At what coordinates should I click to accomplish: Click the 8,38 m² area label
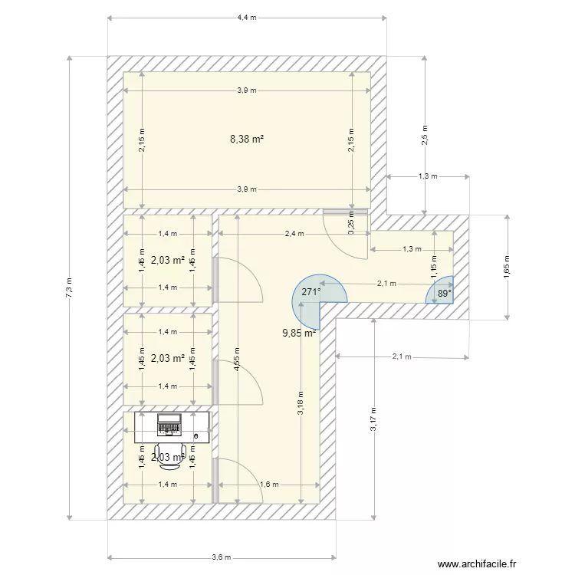[247, 139]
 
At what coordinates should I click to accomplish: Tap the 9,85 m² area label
[300, 333]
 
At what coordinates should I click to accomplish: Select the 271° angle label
[310, 292]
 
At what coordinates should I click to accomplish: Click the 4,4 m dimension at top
[247, 17]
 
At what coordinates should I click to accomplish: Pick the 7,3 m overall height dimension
[70, 287]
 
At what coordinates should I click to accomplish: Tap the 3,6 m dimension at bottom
[222, 557]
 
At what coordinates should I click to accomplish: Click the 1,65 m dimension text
[506, 267]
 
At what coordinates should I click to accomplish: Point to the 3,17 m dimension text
[373, 419]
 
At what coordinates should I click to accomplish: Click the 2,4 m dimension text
[294, 234]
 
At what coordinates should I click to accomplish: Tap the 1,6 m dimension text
[268, 485]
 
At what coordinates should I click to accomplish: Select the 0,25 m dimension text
[351, 228]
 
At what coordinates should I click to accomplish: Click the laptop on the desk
[169, 423]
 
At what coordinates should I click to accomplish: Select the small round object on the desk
[196, 436]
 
